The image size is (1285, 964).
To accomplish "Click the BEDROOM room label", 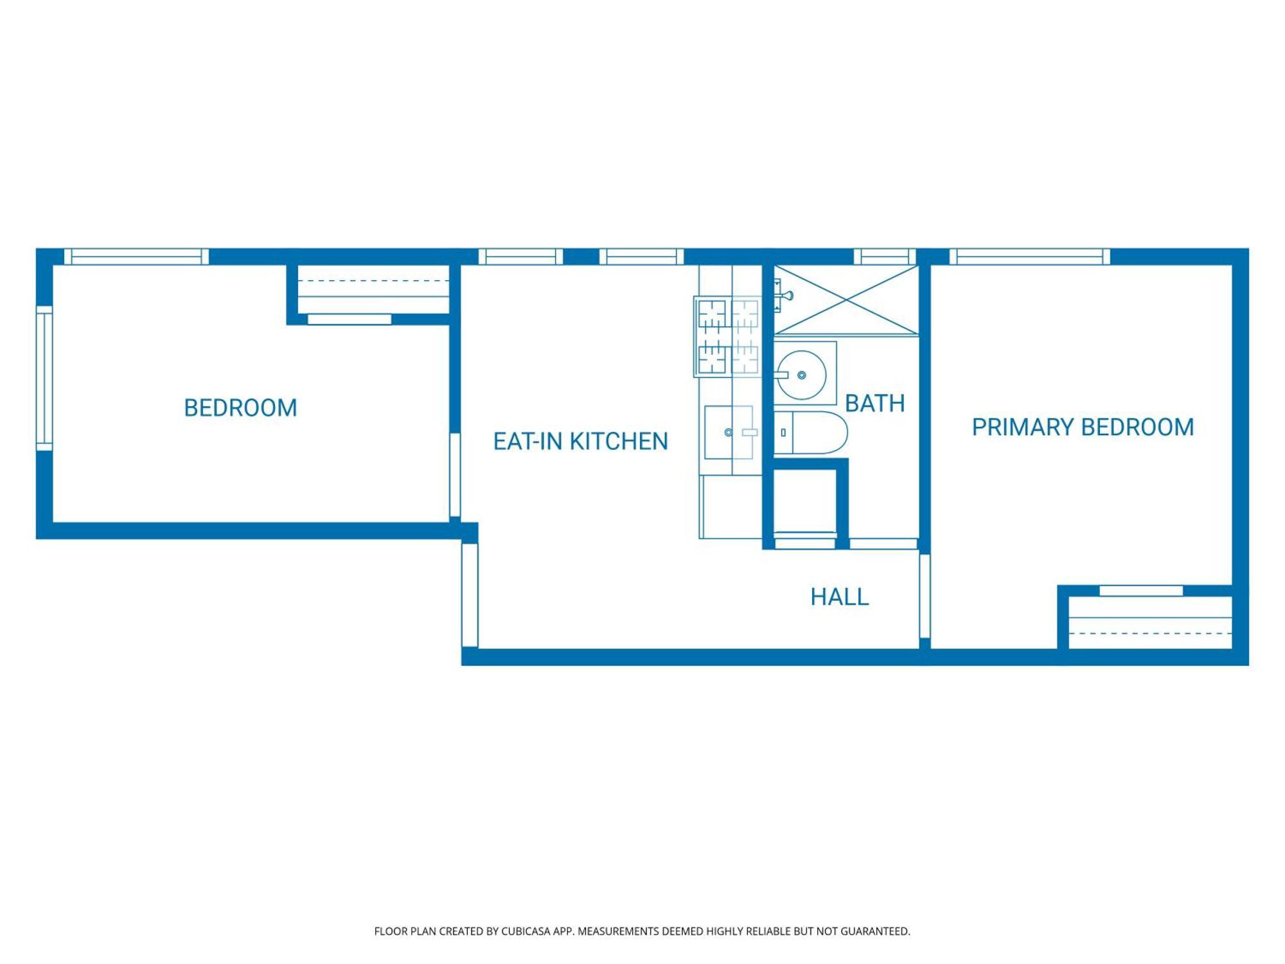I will (x=240, y=408).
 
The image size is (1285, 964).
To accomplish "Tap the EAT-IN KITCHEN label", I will (x=580, y=442).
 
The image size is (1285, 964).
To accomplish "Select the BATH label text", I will (x=874, y=404).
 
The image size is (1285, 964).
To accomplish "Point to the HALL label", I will (x=839, y=597).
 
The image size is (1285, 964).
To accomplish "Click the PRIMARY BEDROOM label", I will (x=1083, y=427).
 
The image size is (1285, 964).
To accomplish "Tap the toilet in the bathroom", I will (x=811, y=433).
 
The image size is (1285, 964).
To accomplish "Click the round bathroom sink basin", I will (x=801, y=375).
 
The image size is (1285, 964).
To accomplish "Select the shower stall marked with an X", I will (x=846, y=300).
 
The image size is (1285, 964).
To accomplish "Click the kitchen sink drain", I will (x=728, y=433).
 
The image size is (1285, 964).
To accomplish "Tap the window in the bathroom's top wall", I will (x=884, y=256).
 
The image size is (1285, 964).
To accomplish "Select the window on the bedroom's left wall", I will (x=44, y=378).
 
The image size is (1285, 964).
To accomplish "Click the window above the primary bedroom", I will (x=1029, y=256).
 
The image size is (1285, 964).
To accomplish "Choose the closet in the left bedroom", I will (x=373, y=290).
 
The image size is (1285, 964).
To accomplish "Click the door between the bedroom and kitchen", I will (x=455, y=475).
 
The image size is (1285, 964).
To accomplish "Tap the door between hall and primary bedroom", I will (x=925, y=596).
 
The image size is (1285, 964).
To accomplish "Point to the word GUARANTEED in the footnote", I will (x=874, y=931).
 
